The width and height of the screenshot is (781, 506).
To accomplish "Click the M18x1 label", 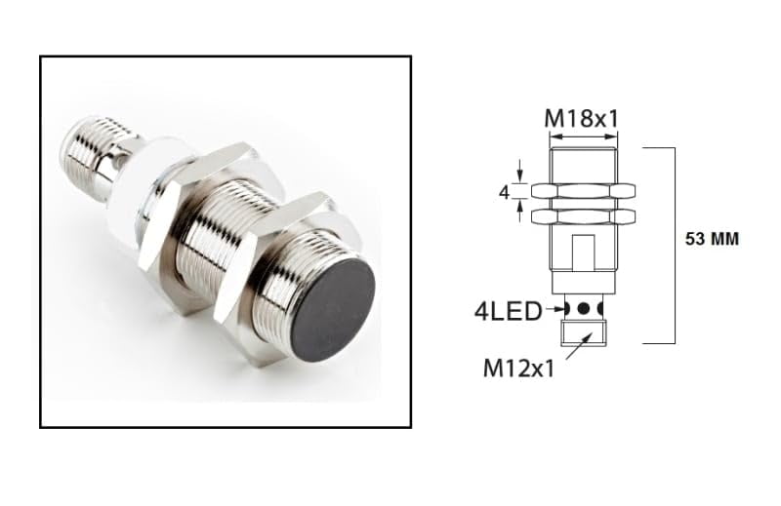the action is [x=581, y=118].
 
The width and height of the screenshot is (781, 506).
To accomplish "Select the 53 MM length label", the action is [x=712, y=239].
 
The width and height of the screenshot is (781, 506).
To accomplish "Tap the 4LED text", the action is [x=508, y=312].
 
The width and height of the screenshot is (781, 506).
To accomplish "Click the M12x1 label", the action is [x=518, y=369].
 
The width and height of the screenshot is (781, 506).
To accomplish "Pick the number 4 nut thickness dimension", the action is [x=505, y=192].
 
